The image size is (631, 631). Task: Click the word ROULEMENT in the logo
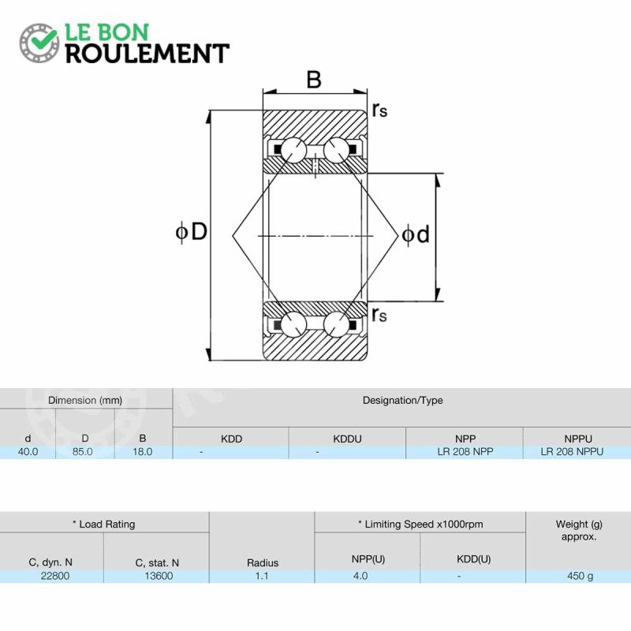pyautogui.click(x=147, y=54)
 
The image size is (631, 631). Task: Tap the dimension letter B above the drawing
pyautogui.click(x=314, y=80)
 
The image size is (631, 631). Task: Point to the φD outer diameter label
pyautogui.click(x=192, y=232)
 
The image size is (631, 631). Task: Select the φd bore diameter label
pyautogui.click(x=416, y=234)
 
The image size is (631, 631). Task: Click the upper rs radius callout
pyautogui.click(x=379, y=110)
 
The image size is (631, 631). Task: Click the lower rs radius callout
pyautogui.click(x=379, y=314)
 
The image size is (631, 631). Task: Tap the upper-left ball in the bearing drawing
pyautogui.click(x=293, y=151)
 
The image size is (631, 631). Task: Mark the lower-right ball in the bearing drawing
pyautogui.click(x=336, y=324)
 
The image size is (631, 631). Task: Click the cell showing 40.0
pyautogui.click(x=28, y=452)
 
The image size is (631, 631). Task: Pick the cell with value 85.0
pyautogui.click(x=83, y=452)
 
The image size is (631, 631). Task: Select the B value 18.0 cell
pyautogui.click(x=143, y=452)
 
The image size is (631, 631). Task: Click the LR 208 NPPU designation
pyautogui.click(x=572, y=452)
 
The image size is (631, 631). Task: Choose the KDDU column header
pyautogui.click(x=347, y=439)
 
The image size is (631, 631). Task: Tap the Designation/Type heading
pyautogui.click(x=402, y=401)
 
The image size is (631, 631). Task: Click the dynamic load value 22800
pyautogui.click(x=55, y=577)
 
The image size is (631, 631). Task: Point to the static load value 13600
pyautogui.click(x=159, y=577)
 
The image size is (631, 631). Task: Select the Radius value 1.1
pyautogui.click(x=262, y=577)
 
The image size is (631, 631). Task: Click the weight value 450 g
pyautogui.click(x=580, y=577)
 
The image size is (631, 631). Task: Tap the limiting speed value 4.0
pyautogui.click(x=360, y=577)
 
